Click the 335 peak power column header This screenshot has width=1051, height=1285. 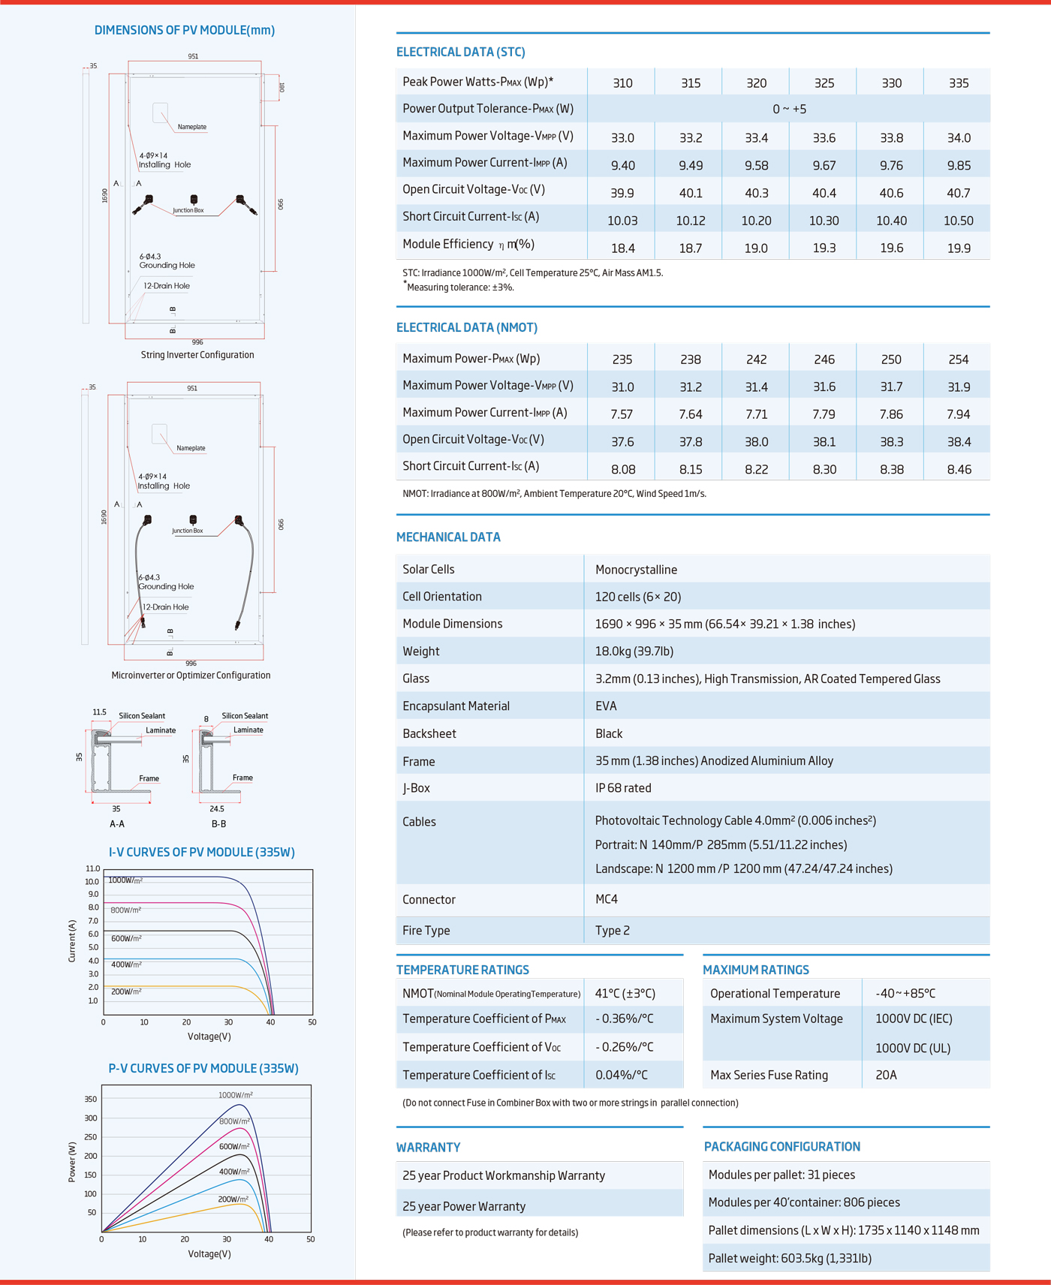coord(959,83)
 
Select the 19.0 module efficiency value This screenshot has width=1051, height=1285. coord(756,248)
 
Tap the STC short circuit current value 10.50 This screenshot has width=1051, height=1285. coord(959,221)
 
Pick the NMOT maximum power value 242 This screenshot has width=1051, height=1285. coord(756,360)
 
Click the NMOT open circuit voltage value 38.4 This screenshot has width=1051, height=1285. coord(959,442)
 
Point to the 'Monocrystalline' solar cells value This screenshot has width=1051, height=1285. coord(636,570)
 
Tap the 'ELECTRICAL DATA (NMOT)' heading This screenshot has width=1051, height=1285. coord(467,327)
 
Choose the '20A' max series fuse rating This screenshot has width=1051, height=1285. coord(886,1075)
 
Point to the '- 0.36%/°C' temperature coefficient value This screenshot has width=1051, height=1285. coord(625,1019)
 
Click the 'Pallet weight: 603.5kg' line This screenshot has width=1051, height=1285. coord(790,1258)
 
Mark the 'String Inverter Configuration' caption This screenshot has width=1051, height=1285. coord(197,355)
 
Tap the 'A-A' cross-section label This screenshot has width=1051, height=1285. coord(117,823)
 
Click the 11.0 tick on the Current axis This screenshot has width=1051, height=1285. coord(92,868)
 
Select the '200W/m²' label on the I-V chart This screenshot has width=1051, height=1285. coord(126,992)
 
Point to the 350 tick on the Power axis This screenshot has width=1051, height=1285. coord(90,1099)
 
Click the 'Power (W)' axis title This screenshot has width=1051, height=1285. coord(72,1162)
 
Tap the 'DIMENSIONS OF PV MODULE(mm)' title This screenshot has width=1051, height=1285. coord(185,30)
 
